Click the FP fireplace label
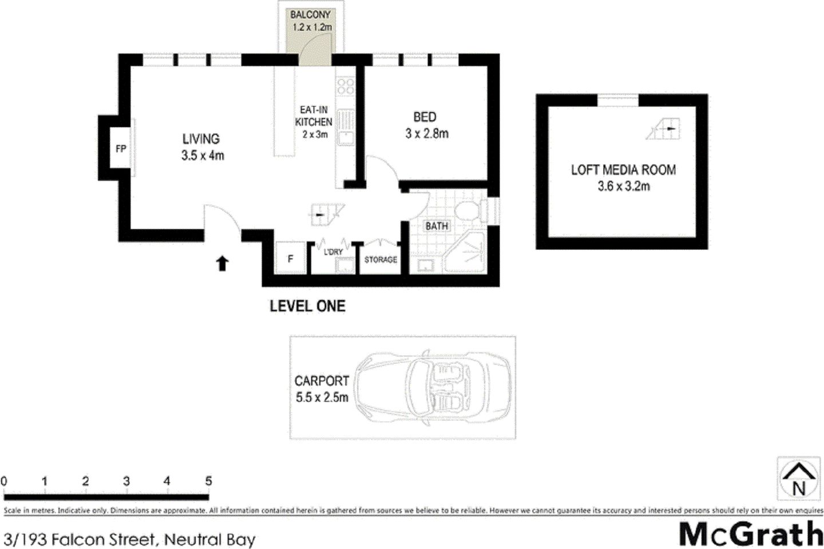[121, 149]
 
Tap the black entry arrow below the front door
[222, 263]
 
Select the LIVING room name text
[201, 138]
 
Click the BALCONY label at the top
[310, 15]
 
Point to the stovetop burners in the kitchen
[345, 86]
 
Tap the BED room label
[425, 117]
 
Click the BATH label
[436, 226]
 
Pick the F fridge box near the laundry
[291, 259]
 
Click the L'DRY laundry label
[333, 252]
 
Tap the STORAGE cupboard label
[381, 260]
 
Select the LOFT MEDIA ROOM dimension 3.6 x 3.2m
[623, 186]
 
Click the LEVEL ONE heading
[307, 306]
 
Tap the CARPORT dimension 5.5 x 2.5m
[322, 397]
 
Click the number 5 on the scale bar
[208, 481]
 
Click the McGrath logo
[751, 533]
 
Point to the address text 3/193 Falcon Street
[80, 539]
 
